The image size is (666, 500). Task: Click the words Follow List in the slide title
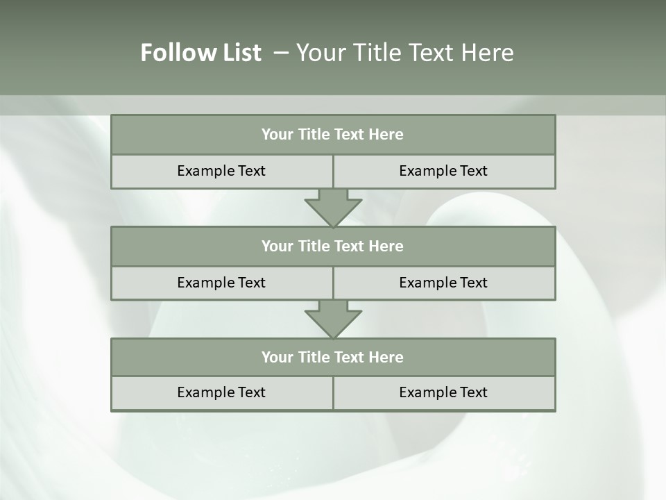(x=200, y=53)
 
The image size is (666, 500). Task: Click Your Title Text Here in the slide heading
(x=404, y=53)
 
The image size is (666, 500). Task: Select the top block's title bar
(x=333, y=135)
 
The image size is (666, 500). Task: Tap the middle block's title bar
(x=333, y=247)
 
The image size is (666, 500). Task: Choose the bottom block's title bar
(x=333, y=358)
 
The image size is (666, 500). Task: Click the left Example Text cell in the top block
(x=221, y=171)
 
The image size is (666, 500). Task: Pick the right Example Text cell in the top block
(x=443, y=171)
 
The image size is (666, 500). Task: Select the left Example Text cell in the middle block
(x=221, y=283)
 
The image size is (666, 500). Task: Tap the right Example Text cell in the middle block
(x=443, y=283)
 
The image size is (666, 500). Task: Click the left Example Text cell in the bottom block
(x=221, y=392)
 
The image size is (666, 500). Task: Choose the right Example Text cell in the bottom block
(x=443, y=392)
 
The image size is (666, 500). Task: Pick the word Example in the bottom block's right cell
(x=424, y=392)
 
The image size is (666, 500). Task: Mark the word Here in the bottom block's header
(x=386, y=358)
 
